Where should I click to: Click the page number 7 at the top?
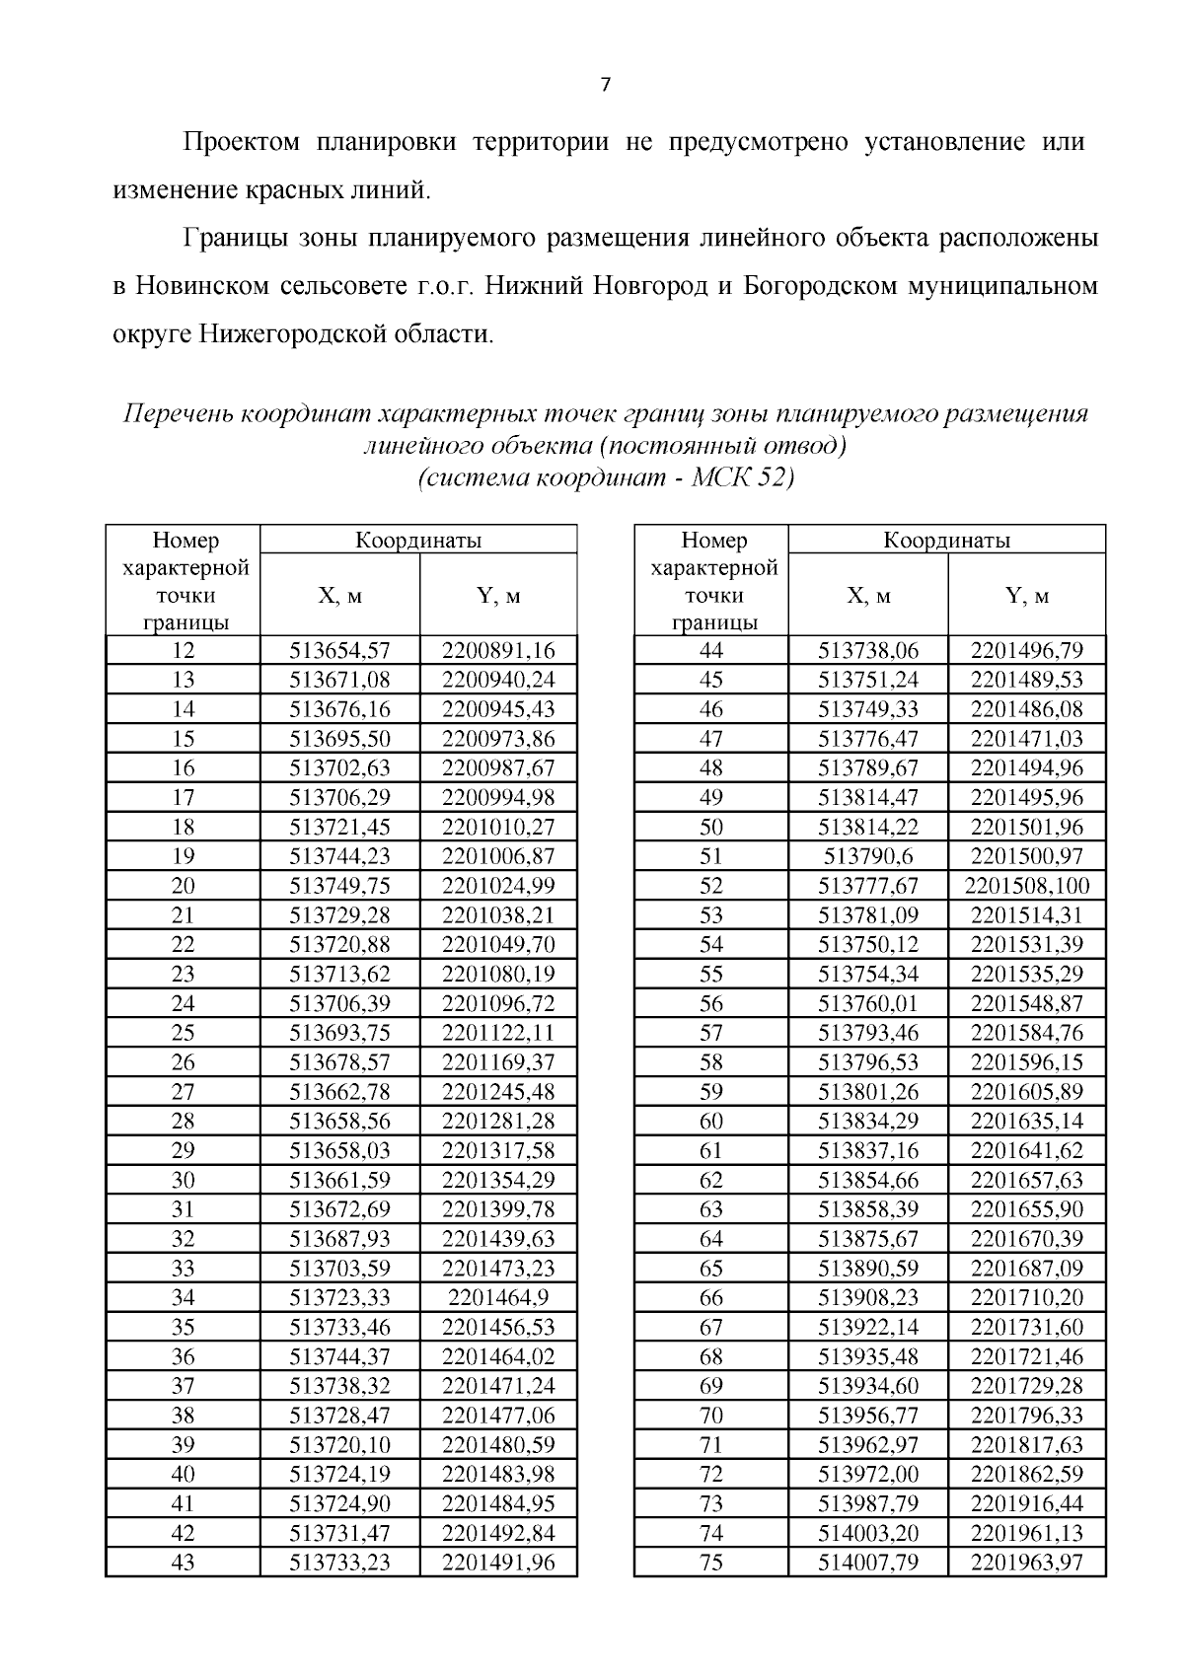tap(605, 85)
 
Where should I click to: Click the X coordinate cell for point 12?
tap(339, 650)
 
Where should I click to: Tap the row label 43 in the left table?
tap(183, 1563)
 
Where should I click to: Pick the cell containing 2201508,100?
tap(1026, 886)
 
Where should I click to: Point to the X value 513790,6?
tap(868, 856)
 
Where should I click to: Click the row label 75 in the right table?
tap(710, 1563)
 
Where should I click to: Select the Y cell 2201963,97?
tap(1026, 1563)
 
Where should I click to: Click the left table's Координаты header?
tap(418, 540)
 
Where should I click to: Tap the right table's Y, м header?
tap(1026, 596)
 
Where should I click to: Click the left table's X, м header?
tap(339, 596)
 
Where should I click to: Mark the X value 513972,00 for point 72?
tap(868, 1474)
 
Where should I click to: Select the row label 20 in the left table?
tap(183, 886)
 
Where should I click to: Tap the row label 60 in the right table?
tap(710, 1121)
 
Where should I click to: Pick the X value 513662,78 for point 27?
tap(339, 1091)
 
